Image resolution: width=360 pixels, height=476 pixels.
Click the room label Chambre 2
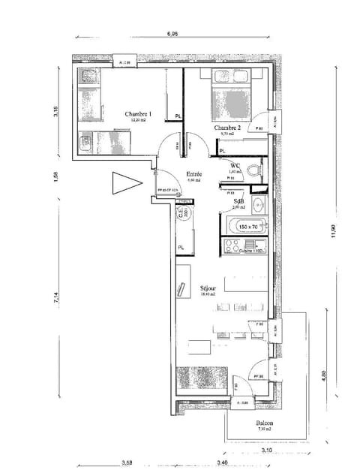pyautogui.click(x=227, y=128)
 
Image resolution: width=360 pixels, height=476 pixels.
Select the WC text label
pyautogui.click(x=235, y=166)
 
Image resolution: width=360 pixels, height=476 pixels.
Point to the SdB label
pyautogui.click(x=238, y=201)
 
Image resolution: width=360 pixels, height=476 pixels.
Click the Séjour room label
pyautogui.click(x=208, y=288)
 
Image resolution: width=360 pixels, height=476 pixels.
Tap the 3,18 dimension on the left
pyautogui.click(x=56, y=112)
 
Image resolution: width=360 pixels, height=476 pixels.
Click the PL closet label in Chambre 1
pyautogui.click(x=178, y=116)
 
